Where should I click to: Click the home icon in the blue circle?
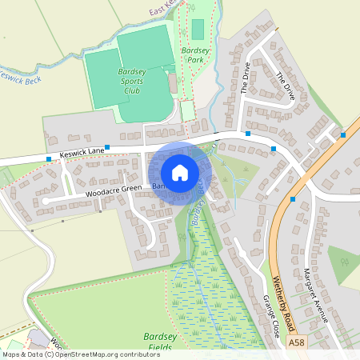pos(180,172)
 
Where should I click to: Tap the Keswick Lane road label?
pos(82,151)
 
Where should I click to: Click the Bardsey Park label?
pos(194,55)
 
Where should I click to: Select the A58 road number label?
pos(296,341)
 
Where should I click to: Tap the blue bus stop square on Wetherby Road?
pos(294,198)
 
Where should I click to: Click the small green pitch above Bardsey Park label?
pos(198,29)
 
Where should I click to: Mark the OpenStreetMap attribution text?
pos(82,354)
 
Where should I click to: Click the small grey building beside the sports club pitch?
pos(172,82)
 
